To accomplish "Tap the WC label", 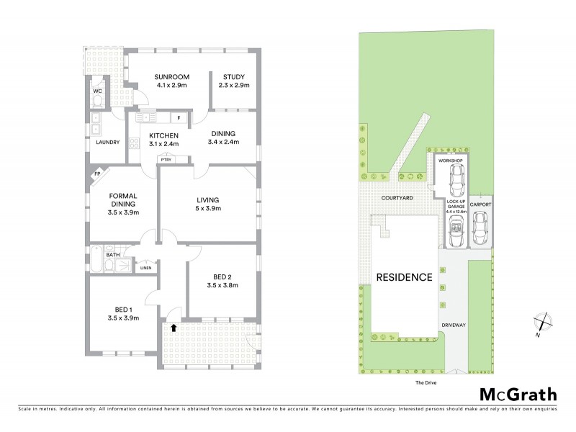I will coord(96,91).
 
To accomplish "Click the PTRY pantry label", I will coord(166,160).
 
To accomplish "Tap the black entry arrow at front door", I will coord(174,328).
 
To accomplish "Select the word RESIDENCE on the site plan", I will coord(402,277).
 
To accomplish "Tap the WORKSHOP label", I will coord(450,161).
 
